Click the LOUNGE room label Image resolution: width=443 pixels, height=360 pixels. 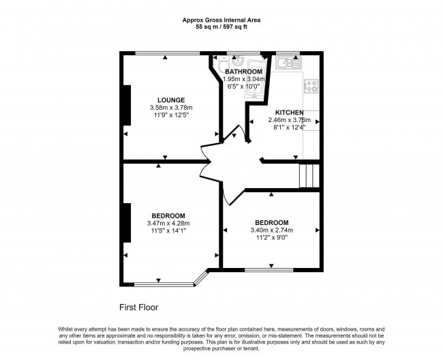click(170, 100)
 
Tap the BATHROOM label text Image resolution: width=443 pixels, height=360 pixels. click(243, 72)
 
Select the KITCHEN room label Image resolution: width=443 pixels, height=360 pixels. click(290, 112)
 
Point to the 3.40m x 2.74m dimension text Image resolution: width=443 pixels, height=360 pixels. click(271, 230)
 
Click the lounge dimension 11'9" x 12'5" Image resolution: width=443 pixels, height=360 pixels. click(170, 115)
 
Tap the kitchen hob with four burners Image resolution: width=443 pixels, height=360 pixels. click(311, 87)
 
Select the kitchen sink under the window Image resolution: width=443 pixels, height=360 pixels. click(286, 63)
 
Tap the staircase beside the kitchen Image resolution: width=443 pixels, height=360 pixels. click(309, 175)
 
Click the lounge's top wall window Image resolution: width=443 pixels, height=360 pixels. click(163, 53)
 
